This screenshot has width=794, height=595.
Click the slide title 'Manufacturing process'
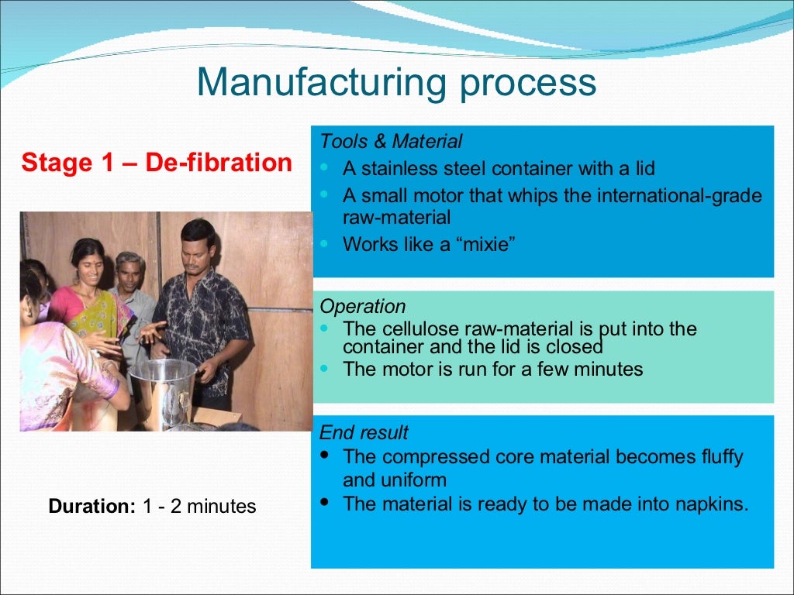(x=396, y=83)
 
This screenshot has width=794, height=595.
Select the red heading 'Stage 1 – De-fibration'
(x=157, y=163)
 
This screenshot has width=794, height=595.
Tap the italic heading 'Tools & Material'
(x=391, y=142)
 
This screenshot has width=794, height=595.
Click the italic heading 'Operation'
(x=362, y=306)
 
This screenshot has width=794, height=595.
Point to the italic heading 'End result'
(x=364, y=432)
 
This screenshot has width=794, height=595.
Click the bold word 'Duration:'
(x=92, y=507)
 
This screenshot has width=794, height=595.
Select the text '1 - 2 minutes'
(x=199, y=507)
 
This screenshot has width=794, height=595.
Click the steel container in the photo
(x=163, y=391)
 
